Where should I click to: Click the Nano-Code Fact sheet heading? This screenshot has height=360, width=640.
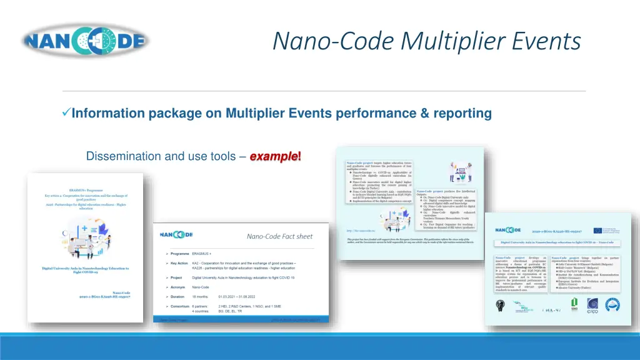tap(279, 236)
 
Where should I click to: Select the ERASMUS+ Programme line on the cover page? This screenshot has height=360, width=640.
tap(86, 189)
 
